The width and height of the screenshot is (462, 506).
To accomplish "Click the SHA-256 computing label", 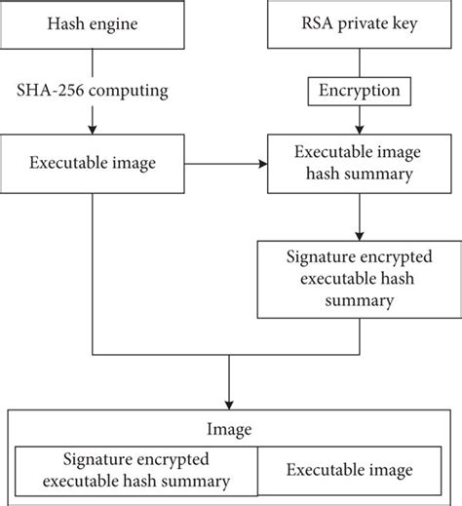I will (93, 91).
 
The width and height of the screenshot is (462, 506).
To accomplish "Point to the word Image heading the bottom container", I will (230, 430).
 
